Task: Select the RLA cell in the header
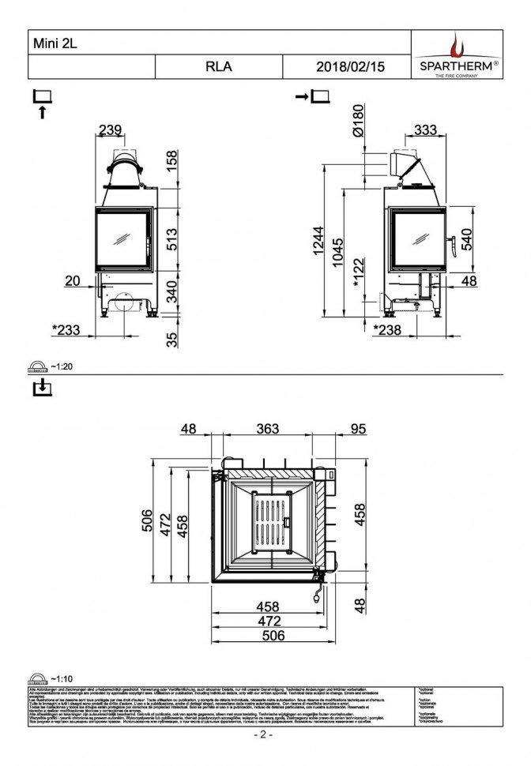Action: click(x=219, y=67)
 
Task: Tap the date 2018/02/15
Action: click(x=350, y=67)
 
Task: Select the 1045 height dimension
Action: click(x=339, y=253)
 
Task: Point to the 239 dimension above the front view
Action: click(x=110, y=130)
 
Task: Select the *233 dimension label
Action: click(x=66, y=330)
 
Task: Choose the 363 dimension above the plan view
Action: click(x=268, y=429)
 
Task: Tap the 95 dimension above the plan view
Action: click(x=358, y=429)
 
